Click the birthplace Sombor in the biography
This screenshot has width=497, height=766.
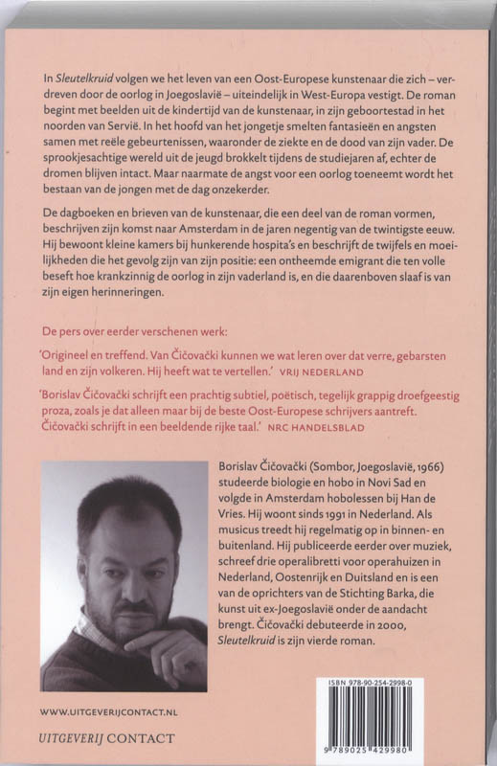[336, 466]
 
